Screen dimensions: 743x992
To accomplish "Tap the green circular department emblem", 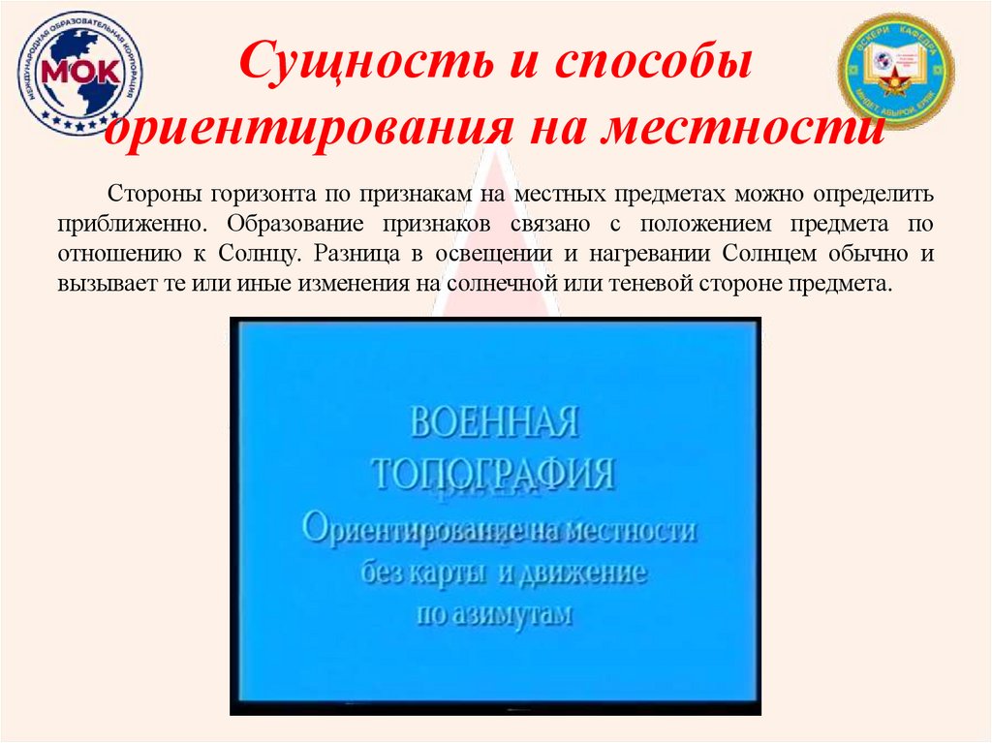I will click(896, 72).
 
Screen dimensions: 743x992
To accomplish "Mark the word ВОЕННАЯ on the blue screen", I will click(495, 423).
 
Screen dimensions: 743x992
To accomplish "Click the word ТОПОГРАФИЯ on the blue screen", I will click(494, 475).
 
